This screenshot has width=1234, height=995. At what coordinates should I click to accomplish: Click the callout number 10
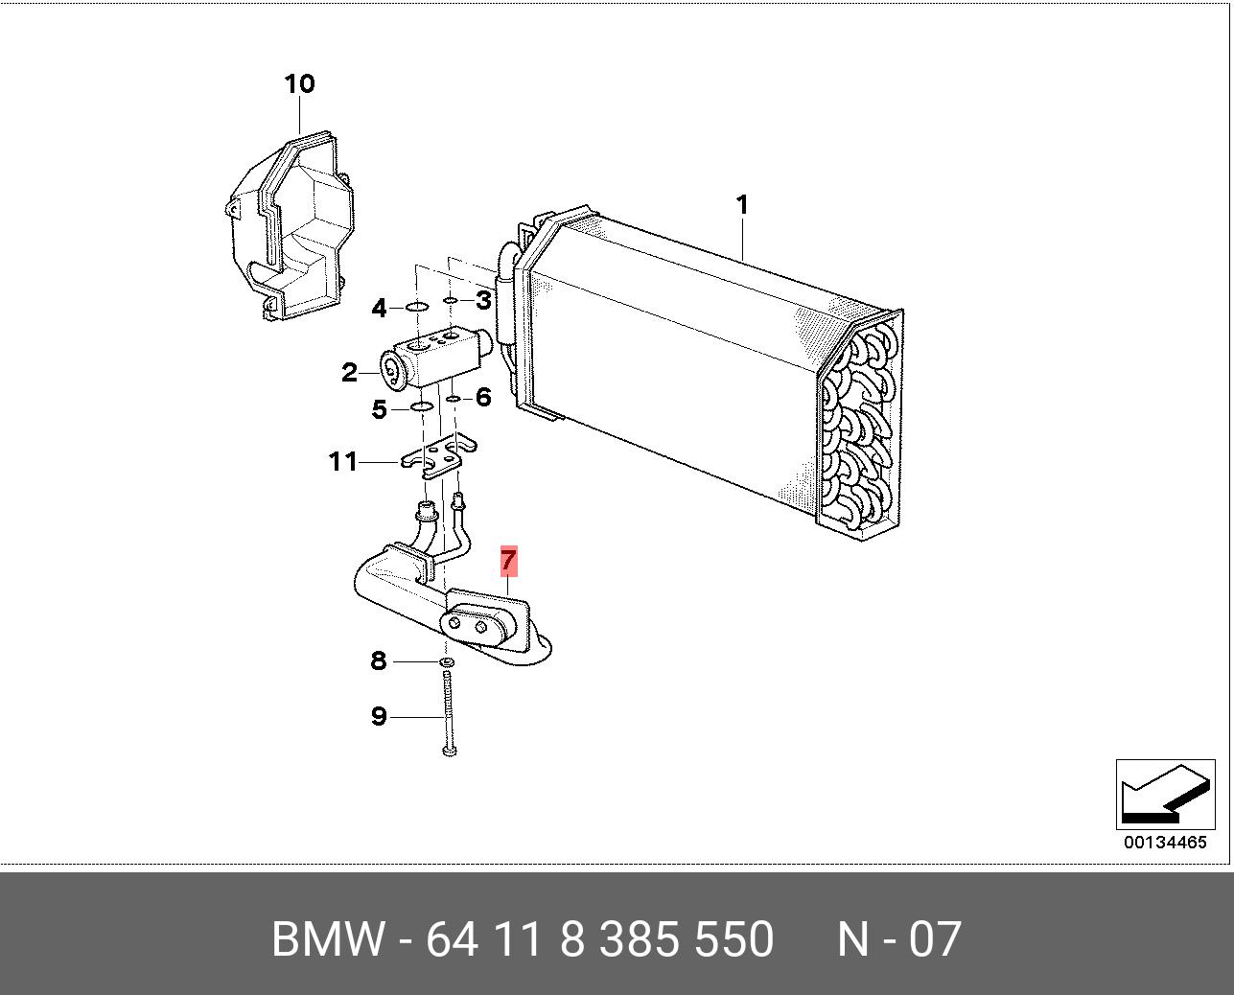pos(299,84)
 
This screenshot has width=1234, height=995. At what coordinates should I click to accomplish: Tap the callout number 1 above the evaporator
pos(741,205)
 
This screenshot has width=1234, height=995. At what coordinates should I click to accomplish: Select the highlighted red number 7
pos(508,561)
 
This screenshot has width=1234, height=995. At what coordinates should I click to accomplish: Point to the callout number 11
pos(343,462)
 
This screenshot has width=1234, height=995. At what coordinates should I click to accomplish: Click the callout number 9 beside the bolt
pos(379,716)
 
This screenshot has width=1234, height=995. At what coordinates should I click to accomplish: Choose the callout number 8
pos(379,660)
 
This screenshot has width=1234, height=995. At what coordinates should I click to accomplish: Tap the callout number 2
pos(349,373)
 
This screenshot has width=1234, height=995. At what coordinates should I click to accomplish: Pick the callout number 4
pos(379,309)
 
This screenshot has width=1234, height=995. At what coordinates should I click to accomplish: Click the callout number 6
pos(483,397)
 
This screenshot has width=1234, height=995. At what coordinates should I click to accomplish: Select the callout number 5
pos(379,410)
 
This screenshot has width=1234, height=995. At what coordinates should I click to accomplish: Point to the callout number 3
pos(483,300)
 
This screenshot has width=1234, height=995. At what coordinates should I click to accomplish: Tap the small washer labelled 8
pos(447,662)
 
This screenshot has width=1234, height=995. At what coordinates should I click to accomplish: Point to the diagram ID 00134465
pos(1165,843)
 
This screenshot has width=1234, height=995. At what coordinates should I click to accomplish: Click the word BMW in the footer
pos(328,939)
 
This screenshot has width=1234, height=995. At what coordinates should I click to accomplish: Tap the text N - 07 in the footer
pos(898,939)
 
